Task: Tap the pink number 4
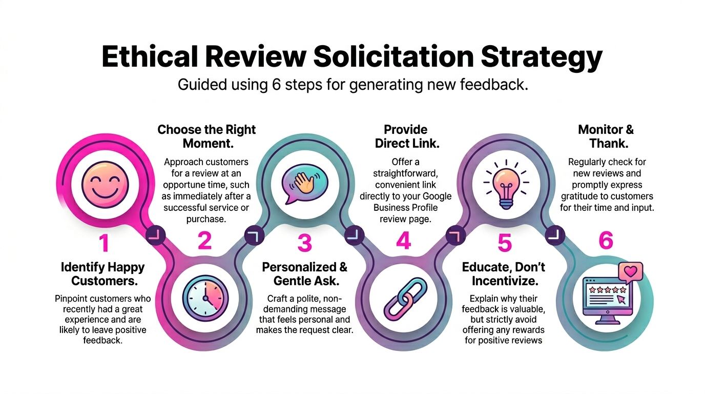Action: tap(403, 241)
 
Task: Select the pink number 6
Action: tap(606, 241)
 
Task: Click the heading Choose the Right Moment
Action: tap(206, 136)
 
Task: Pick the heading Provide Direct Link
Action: tap(407, 136)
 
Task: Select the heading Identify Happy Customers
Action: tap(103, 274)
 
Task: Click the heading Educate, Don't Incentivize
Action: tap(504, 274)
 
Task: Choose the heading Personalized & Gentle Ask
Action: tap(304, 274)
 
